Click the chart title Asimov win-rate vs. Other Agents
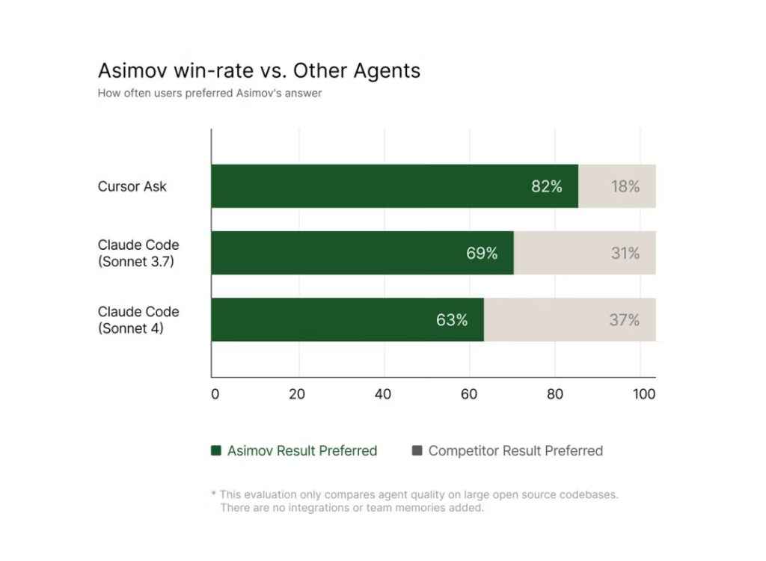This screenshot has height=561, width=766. (x=259, y=71)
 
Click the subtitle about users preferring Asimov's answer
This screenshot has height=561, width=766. (x=209, y=94)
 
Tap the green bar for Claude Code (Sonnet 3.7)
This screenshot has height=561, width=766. (x=337, y=253)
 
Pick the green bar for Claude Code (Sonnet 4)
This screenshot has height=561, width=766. (x=322, y=319)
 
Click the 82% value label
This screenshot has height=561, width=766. (x=547, y=186)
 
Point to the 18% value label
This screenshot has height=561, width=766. (x=625, y=186)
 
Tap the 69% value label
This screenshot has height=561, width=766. (x=482, y=253)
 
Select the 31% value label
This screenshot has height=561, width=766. (x=625, y=253)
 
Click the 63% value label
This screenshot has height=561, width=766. (x=452, y=319)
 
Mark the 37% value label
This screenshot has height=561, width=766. (x=625, y=319)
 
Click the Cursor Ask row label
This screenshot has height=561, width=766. (x=132, y=186)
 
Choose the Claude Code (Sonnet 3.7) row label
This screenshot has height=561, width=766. (x=138, y=253)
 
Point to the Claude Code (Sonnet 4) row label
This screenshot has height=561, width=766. (x=138, y=319)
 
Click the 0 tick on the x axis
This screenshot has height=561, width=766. (x=215, y=394)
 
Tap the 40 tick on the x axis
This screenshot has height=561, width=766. (x=383, y=394)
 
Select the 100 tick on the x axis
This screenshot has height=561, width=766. (x=644, y=394)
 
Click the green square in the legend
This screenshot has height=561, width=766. (x=216, y=450)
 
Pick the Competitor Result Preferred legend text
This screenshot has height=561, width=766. (x=515, y=450)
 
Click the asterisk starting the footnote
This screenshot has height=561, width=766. (x=214, y=495)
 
